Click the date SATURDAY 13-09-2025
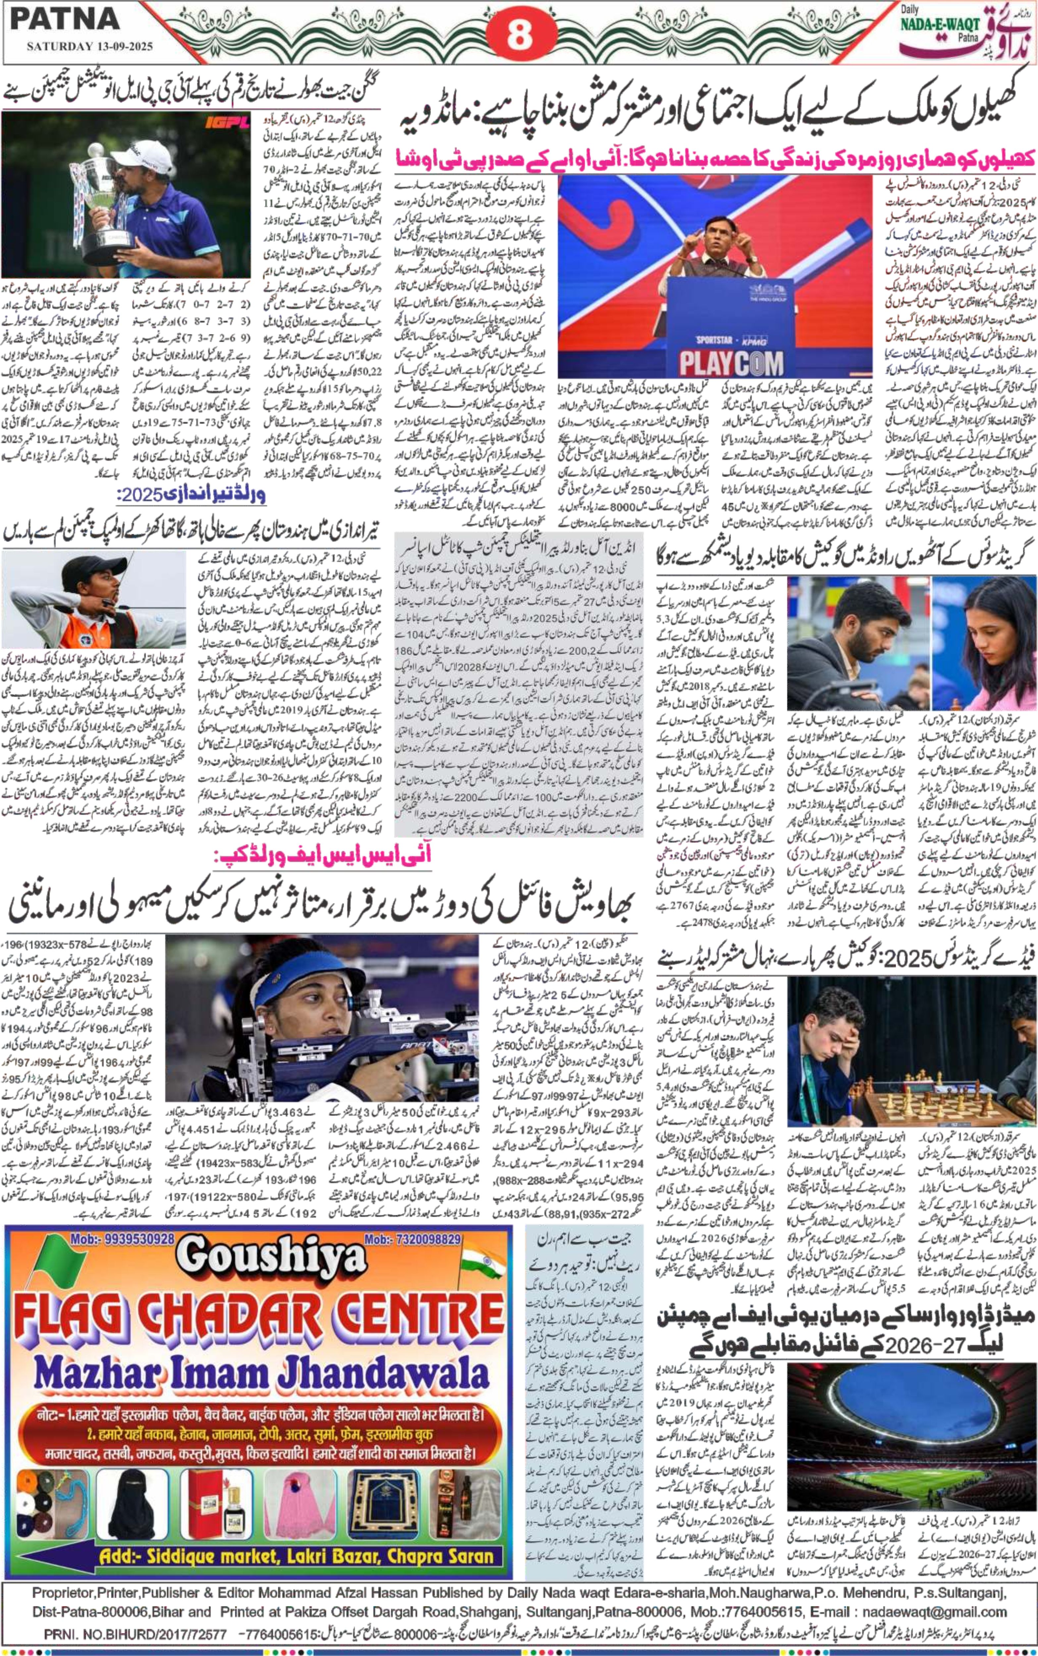click(x=89, y=47)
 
